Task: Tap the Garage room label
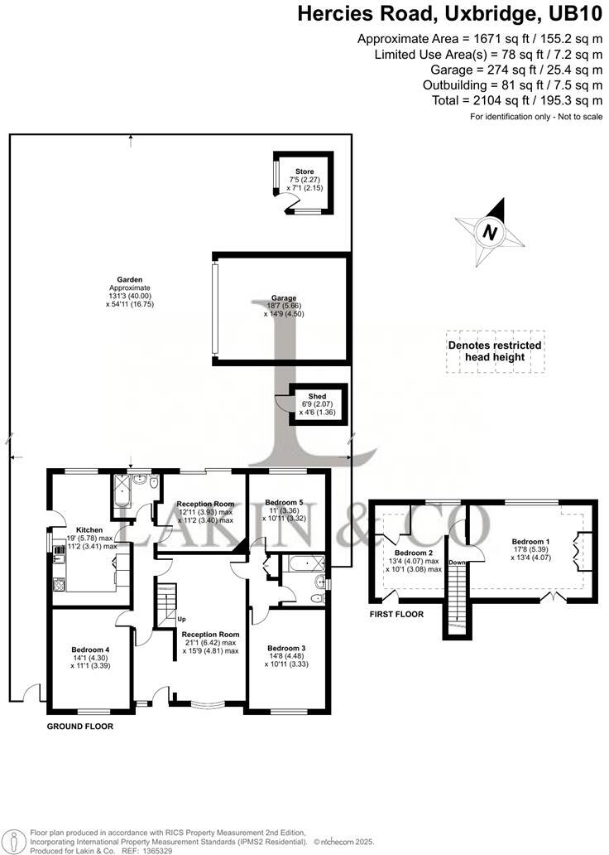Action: point(283,298)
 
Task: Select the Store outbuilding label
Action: point(305,171)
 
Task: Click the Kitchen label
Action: point(89,529)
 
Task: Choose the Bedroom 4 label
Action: point(89,649)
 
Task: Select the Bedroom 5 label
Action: point(285,502)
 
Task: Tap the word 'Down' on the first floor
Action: point(457,563)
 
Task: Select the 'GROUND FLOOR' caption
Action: point(79,726)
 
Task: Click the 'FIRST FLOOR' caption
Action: point(396,615)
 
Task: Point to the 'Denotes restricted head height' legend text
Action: point(495,351)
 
